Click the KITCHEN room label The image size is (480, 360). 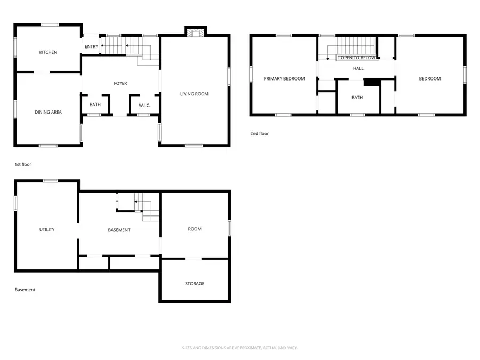pos(48,52)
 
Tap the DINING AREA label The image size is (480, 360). pos(48,112)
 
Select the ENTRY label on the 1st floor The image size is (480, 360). pos(91,47)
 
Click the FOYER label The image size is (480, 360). pos(121,83)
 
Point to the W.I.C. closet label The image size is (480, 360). pos(145,105)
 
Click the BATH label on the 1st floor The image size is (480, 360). pos(95,105)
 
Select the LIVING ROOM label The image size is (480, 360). pos(194,94)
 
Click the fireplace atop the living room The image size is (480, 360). pos(195,32)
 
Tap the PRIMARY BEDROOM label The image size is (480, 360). pos(284,79)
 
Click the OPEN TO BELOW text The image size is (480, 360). pos(358,58)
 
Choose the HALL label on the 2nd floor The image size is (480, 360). pos(358,68)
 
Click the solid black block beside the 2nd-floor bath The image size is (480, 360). pos(371,82)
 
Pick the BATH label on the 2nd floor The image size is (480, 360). pos(357,98)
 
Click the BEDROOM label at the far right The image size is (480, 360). pos(429,79)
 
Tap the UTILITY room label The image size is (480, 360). pos(47,229)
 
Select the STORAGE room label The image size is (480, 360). pos(195,283)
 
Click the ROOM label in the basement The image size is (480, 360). pos(195,229)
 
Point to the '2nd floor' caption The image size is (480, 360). pos(260,133)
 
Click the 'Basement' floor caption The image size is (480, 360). pos(25,290)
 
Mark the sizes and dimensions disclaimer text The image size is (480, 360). pos(239,348)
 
